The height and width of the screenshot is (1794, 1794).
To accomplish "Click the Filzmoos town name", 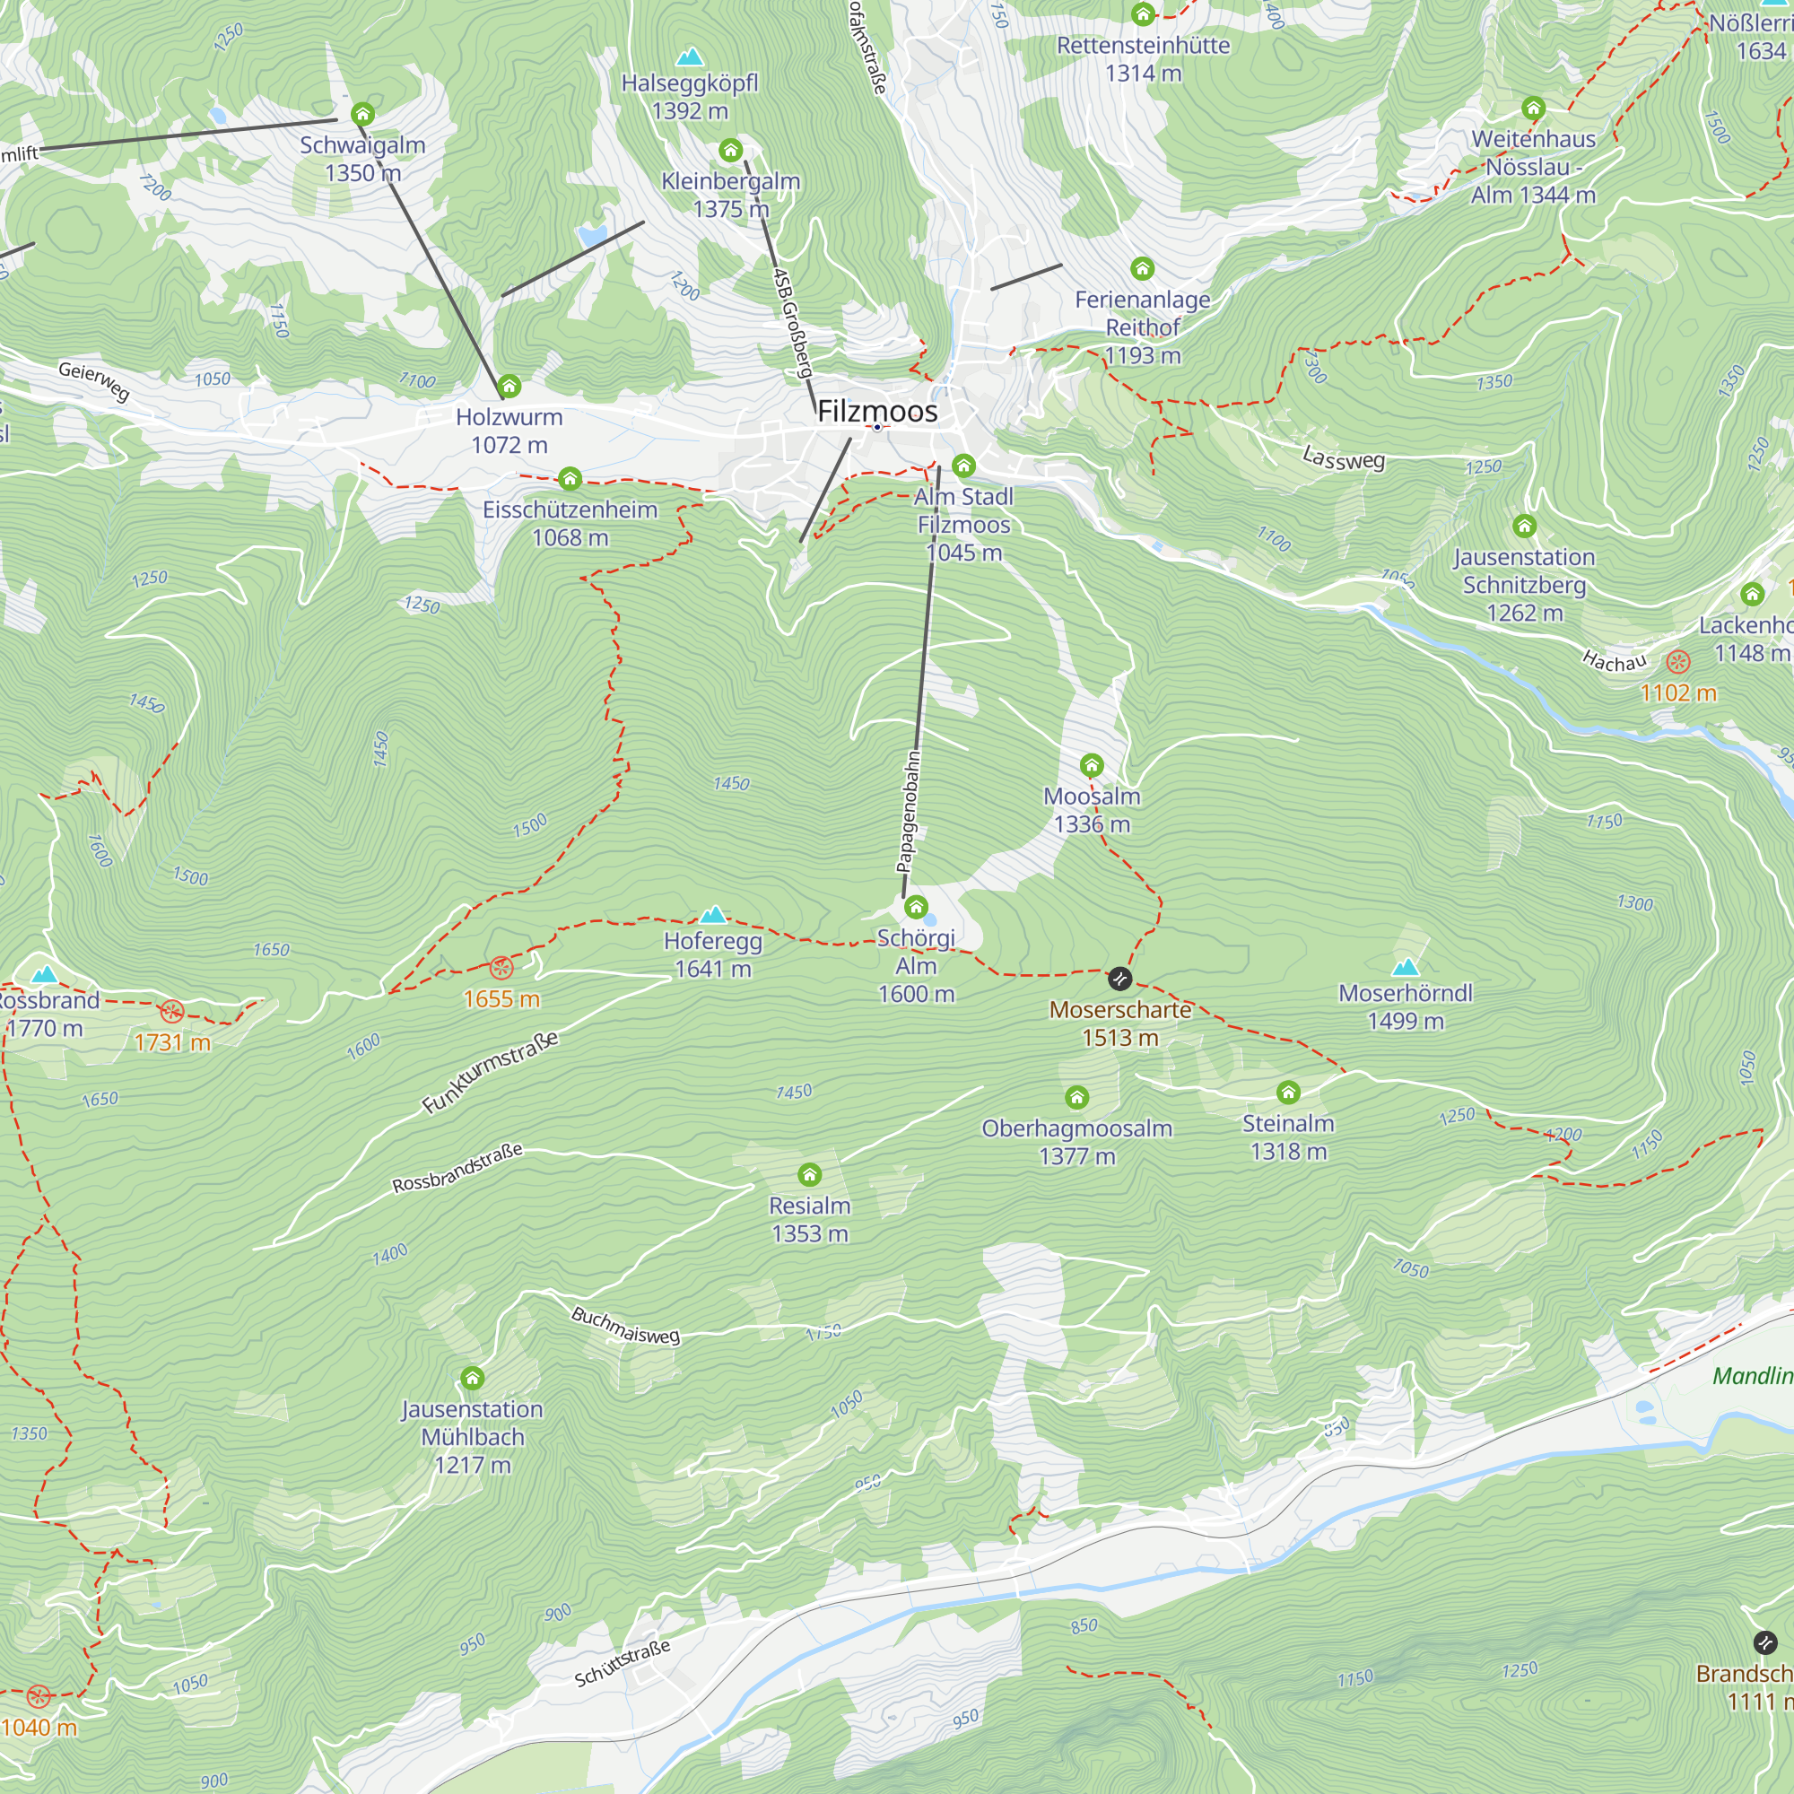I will [876, 412].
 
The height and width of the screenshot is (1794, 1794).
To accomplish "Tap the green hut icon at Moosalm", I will [1091, 765].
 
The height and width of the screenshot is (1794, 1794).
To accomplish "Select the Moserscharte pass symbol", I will [1119, 978].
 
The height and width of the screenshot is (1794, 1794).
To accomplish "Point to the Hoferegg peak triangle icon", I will [713, 915].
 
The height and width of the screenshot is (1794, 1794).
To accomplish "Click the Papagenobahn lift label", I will [909, 811].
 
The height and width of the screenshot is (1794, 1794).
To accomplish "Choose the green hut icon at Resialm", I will [810, 1175].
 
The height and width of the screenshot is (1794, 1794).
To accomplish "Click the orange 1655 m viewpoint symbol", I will [501, 969].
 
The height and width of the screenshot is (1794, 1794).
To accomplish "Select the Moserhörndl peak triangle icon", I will [1406, 967].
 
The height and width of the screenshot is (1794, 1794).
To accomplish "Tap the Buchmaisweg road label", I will [625, 1325].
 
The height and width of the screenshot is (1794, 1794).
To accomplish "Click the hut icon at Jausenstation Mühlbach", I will [473, 1377].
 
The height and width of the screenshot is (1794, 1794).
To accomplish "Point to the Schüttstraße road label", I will [623, 1663].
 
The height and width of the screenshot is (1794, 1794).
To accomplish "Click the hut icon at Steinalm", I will [1288, 1092].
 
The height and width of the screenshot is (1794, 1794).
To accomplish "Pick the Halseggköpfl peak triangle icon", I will [689, 57].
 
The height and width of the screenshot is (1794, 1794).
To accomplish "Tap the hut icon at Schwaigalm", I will [362, 114].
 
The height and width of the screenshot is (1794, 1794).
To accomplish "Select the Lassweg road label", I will [1343, 457].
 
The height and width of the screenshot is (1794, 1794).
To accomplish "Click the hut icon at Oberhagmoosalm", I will [1076, 1098].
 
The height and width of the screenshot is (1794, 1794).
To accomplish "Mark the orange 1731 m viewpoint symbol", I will [172, 1011].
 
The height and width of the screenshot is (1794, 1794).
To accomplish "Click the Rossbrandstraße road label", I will [457, 1168].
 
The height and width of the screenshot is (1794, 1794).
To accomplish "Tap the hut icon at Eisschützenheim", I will [570, 478].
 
